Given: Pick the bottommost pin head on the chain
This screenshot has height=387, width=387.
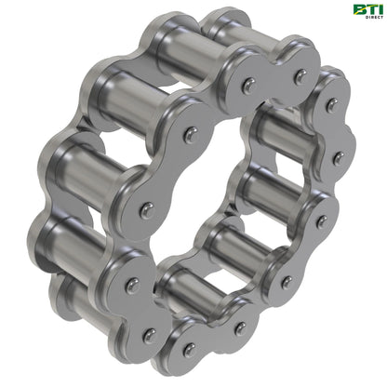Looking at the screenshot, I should point(191,349).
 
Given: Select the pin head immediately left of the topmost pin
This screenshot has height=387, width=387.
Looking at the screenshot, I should point(247,85).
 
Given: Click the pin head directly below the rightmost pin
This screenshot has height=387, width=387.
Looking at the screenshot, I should point(323,221).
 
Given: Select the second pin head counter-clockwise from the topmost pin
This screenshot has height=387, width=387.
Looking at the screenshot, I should point(188,134).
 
